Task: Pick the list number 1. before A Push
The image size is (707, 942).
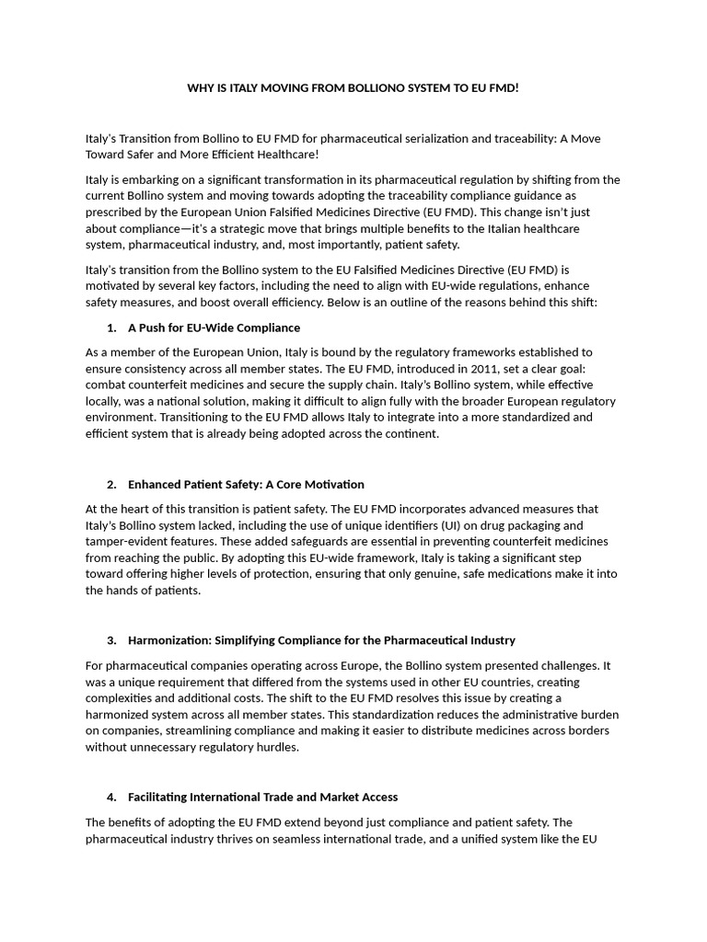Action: pyautogui.click(x=111, y=327)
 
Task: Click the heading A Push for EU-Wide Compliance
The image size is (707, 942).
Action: pyautogui.click(x=214, y=327)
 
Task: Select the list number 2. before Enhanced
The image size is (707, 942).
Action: pyautogui.click(x=111, y=484)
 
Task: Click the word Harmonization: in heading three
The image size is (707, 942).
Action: pyautogui.click(x=170, y=640)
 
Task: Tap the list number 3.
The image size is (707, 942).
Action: pyautogui.click(x=111, y=640)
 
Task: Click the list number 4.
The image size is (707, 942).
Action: pyautogui.click(x=111, y=797)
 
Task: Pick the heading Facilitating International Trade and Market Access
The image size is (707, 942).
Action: pyautogui.click(x=262, y=797)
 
